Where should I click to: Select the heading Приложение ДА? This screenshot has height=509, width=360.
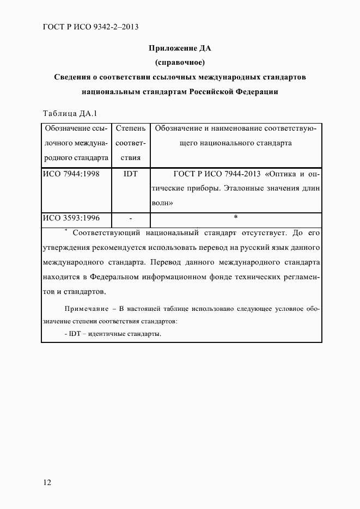[180, 48]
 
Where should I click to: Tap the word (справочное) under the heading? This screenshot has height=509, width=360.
[180, 63]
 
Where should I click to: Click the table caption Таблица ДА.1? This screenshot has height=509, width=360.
[69, 113]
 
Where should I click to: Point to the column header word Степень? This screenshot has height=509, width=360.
[131, 129]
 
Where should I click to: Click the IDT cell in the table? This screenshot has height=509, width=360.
[131, 175]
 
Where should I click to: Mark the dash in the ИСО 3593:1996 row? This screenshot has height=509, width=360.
[131, 219]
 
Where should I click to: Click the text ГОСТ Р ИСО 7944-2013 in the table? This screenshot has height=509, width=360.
[217, 175]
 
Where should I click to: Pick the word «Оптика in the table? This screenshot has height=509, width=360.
[283, 175]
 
